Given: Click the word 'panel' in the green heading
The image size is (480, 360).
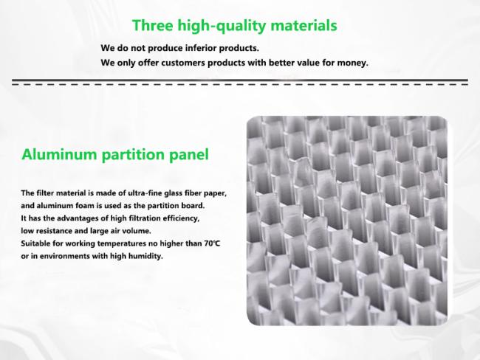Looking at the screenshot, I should (x=191, y=155).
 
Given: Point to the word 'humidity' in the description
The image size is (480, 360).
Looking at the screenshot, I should (x=144, y=256).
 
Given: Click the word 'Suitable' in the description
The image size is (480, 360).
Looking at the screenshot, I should (x=36, y=243).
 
